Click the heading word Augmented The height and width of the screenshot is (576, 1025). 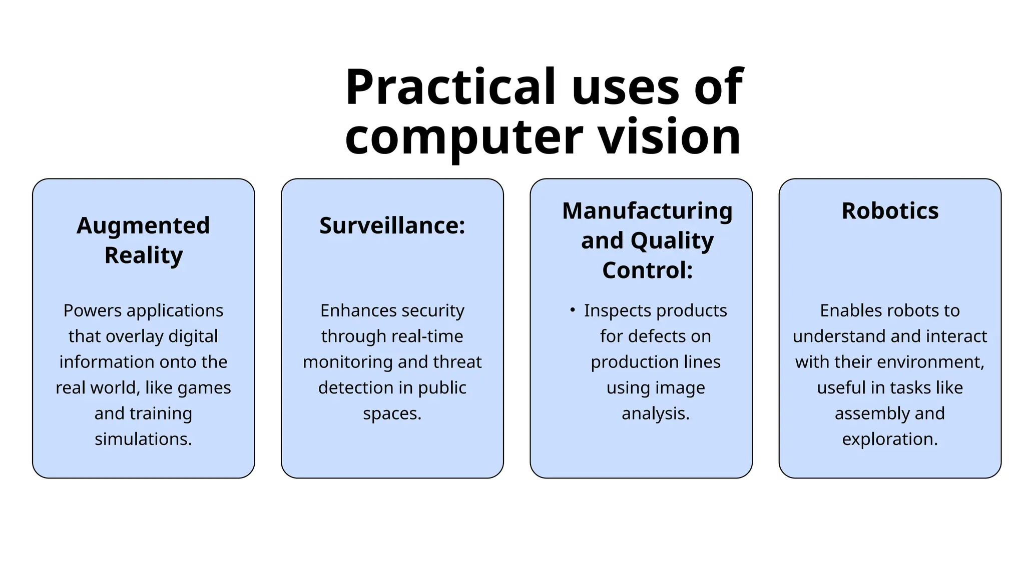pyautogui.click(x=143, y=225)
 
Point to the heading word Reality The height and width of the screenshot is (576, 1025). pyautogui.click(x=144, y=255)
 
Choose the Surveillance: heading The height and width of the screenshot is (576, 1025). pyautogui.click(x=392, y=225)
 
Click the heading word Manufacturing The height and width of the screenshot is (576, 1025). pyautogui.click(x=647, y=211)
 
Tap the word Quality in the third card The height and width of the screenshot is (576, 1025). pyautogui.click(x=672, y=240)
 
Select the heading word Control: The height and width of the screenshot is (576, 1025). pyautogui.click(x=647, y=270)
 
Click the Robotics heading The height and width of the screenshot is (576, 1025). pyautogui.click(x=890, y=211)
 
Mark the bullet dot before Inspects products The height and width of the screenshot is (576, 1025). pyautogui.click(x=572, y=310)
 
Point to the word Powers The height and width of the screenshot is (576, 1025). pyautogui.click(x=92, y=310)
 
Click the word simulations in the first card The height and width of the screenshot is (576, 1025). pyautogui.click(x=143, y=439)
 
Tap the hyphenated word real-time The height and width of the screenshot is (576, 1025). pyautogui.click(x=427, y=336)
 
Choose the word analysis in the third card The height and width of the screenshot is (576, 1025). pyautogui.click(x=656, y=413)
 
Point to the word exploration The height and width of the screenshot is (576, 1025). pyautogui.click(x=890, y=439)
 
